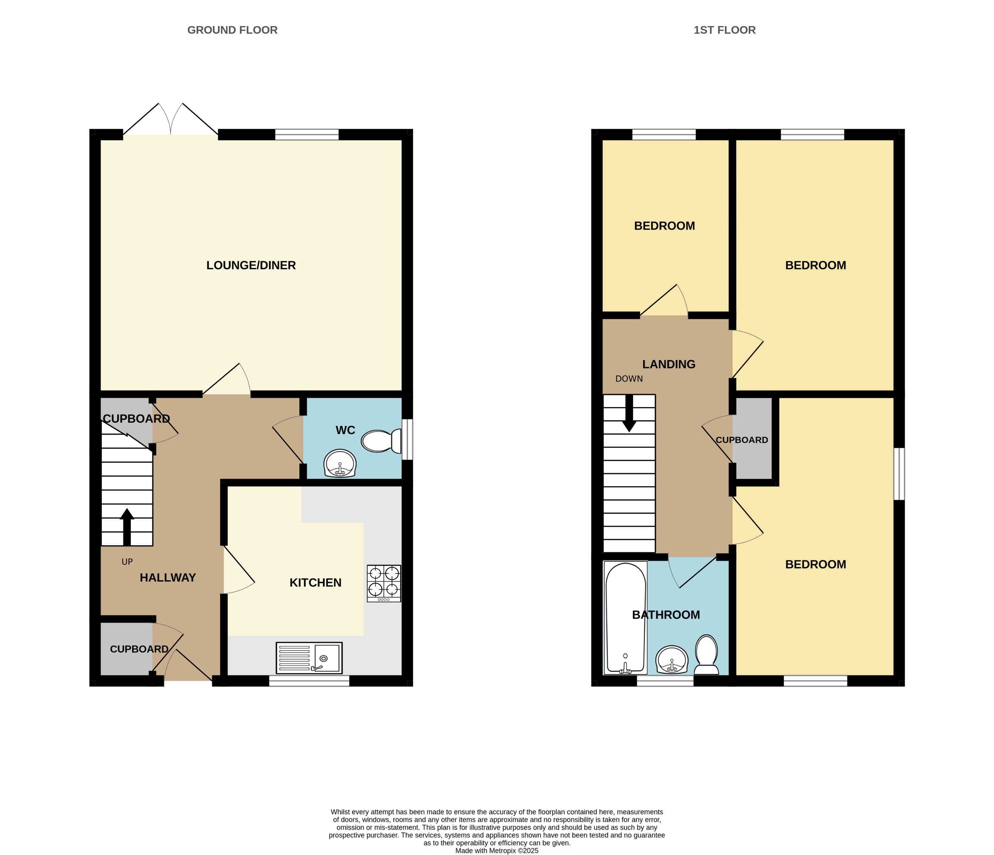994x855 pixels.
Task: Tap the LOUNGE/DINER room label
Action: (251, 265)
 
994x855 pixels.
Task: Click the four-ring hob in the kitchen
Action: (384, 583)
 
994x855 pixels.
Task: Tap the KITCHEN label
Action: (315, 583)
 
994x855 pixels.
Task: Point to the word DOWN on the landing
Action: (629, 379)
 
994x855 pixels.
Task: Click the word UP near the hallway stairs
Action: (127, 562)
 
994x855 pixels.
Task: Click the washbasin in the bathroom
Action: (672, 660)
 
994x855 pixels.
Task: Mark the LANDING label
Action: (669, 364)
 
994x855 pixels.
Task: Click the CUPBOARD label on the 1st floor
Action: (742, 440)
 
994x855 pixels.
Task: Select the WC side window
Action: (407, 439)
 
